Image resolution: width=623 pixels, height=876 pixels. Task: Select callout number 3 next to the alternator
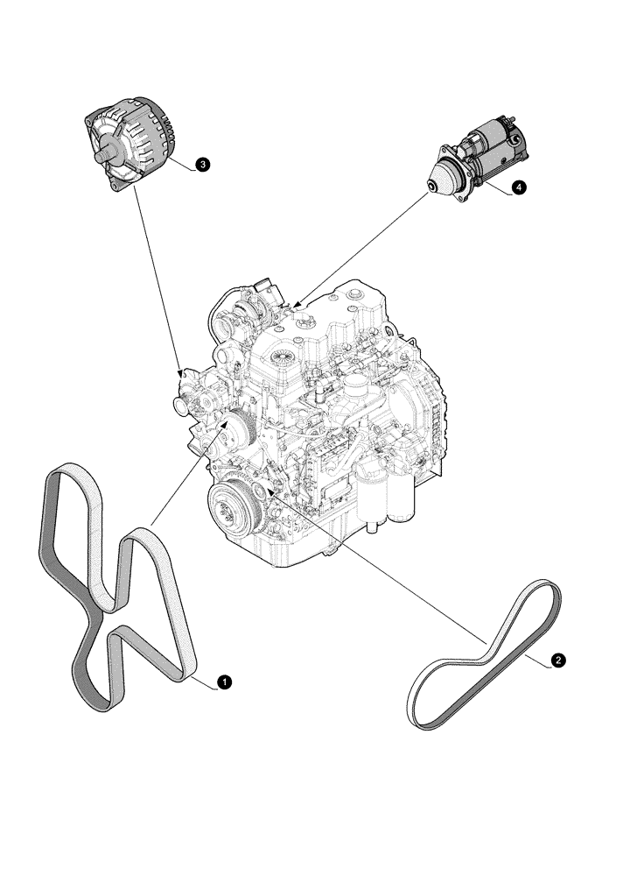pyautogui.click(x=202, y=164)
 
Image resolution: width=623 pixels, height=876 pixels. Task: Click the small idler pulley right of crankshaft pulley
pyautogui.click(x=263, y=481)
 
